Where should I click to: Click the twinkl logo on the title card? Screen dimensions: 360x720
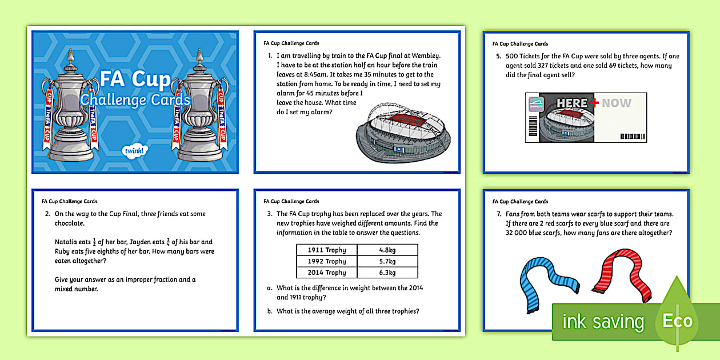click(135, 151)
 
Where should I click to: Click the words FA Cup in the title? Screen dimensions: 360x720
click(135, 79)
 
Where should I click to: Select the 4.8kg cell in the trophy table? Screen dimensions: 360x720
click(387, 250)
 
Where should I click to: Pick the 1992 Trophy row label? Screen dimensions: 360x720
click(327, 261)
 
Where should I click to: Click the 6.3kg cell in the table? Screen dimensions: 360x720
click(387, 273)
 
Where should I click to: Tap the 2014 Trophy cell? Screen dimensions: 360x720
click(327, 273)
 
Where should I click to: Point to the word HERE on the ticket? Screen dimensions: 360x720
click(572, 103)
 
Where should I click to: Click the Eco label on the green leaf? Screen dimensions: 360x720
click(677, 321)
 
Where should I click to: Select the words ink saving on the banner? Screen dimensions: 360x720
click(603, 321)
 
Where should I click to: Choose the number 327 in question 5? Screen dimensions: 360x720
click(560, 66)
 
